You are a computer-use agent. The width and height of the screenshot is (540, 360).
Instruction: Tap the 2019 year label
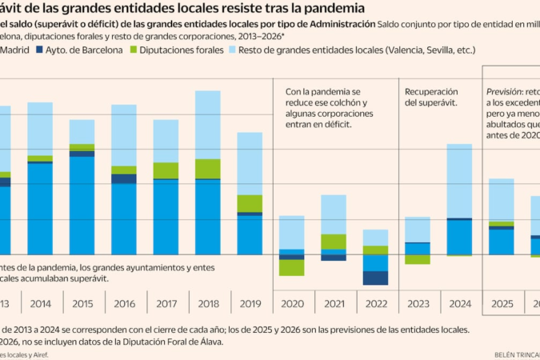(x=250, y=304)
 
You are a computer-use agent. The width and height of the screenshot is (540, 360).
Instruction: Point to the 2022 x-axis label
(x=375, y=304)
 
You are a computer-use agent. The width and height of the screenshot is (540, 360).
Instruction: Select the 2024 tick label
(x=459, y=304)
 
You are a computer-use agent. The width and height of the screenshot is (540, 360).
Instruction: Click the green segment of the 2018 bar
(x=208, y=168)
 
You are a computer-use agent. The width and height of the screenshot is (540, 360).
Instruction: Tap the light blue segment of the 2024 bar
(x=459, y=180)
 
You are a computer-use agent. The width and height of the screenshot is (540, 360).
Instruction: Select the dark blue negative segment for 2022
(x=375, y=278)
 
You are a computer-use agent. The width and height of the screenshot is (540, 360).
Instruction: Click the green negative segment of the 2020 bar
(x=292, y=268)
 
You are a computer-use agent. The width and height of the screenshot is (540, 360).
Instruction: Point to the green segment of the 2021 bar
(x=334, y=242)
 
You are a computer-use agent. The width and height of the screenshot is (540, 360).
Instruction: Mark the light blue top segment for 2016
(x=124, y=134)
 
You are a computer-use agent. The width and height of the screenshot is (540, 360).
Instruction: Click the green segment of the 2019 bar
(x=250, y=203)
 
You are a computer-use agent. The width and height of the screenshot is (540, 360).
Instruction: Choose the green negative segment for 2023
(x=418, y=259)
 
